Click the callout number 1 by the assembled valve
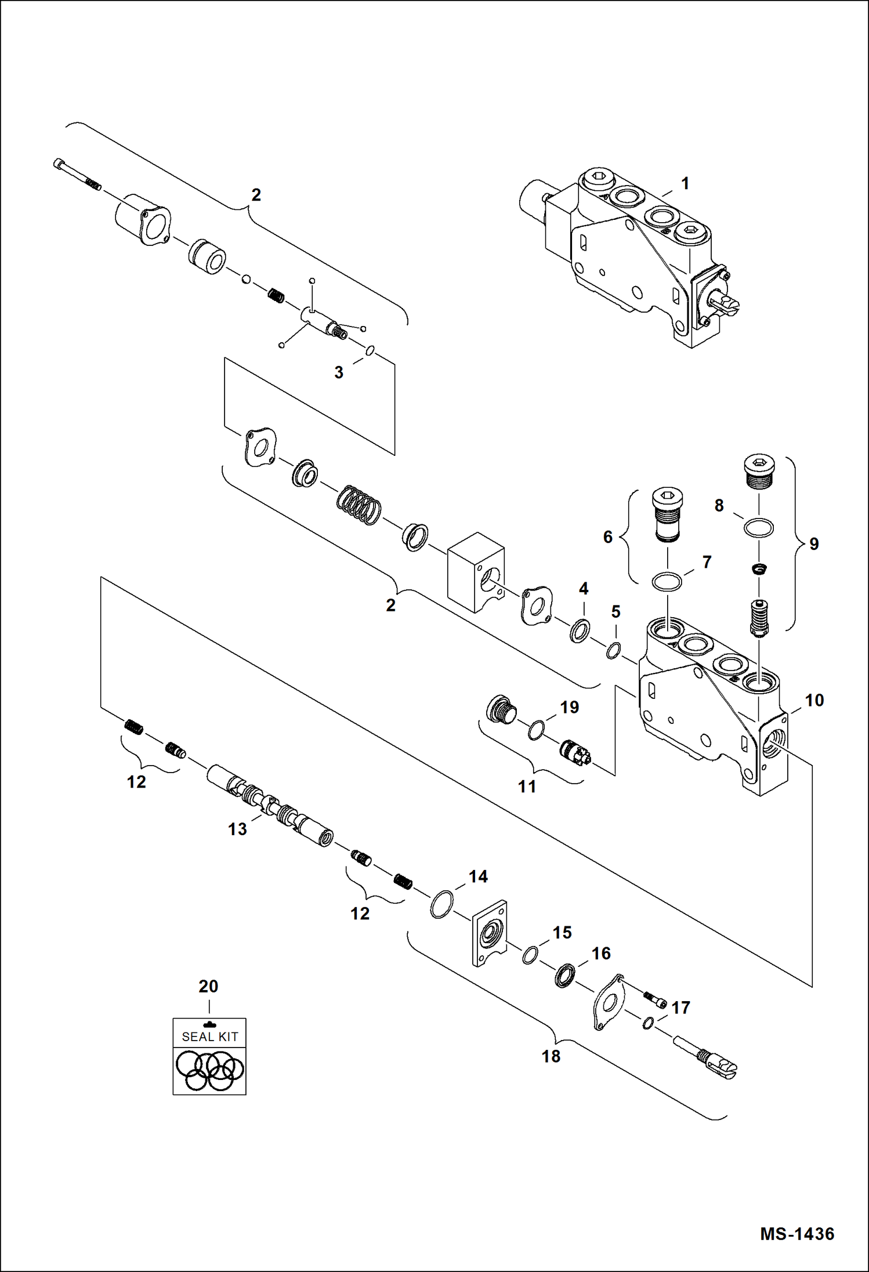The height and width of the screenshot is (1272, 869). (x=685, y=184)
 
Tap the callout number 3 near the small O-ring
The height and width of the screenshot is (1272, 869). (x=339, y=372)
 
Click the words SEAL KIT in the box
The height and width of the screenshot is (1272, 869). (x=209, y=1037)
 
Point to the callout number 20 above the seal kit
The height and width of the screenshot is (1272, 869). (x=208, y=986)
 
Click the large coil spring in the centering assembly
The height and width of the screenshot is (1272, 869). (x=359, y=505)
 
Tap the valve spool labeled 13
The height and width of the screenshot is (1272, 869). (x=270, y=807)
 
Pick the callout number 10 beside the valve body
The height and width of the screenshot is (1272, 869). (x=814, y=700)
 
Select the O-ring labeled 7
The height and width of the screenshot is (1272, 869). (x=667, y=581)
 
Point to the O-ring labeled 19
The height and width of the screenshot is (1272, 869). (x=537, y=730)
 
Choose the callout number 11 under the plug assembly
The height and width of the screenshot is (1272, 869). (x=527, y=787)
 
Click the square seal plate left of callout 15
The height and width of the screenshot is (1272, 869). (x=490, y=933)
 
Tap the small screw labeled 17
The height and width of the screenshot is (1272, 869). (x=655, y=998)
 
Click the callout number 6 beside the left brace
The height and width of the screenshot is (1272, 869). (x=607, y=537)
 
